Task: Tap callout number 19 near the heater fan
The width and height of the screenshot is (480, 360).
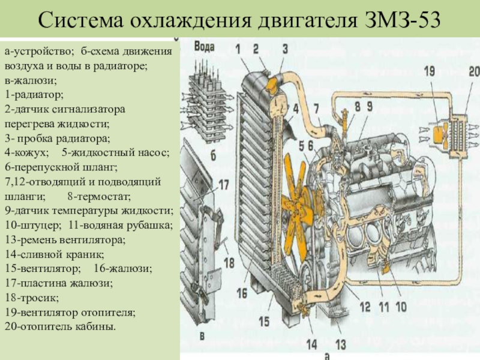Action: click(x=430, y=71)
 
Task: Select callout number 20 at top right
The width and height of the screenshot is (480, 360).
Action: click(x=474, y=71)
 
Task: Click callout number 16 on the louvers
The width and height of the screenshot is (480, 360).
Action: click(x=242, y=293)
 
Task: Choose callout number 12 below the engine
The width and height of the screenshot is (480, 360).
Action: click(x=365, y=305)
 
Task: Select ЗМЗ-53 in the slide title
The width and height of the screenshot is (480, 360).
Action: click(x=402, y=21)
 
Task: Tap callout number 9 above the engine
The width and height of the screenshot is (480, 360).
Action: click(x=370, y=106)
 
